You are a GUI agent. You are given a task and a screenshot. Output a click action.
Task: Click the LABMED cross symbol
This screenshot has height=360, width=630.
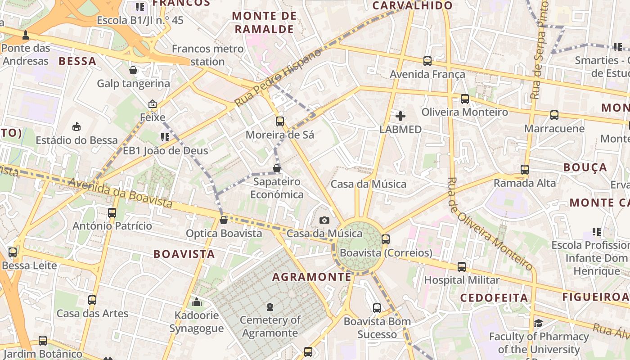(400, 117)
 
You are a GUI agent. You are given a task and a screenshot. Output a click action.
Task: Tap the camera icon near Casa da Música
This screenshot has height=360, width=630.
(324, 220)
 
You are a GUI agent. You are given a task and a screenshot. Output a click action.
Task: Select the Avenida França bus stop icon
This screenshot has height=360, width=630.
(427, 61)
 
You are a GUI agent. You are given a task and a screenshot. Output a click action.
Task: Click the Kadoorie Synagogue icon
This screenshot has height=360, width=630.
(197, 302)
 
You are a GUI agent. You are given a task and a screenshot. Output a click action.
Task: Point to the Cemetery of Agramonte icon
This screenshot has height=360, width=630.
(270, 307)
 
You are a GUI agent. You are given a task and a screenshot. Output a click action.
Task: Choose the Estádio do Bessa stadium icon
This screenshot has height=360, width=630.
(76, 126)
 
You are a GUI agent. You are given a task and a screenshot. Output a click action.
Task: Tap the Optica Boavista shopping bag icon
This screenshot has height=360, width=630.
(223, 220)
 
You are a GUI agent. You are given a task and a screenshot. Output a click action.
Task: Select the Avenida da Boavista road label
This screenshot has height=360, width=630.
(120, 193)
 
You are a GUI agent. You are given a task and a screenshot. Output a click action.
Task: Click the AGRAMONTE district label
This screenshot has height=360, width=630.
(311, 277)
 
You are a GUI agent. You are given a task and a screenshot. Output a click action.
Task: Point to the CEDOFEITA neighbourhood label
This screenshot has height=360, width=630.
(494, 297)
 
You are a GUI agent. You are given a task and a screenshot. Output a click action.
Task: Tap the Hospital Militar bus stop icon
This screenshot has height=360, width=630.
(462, 267)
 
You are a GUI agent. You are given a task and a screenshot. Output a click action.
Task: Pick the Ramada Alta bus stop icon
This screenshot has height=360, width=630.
(525, 170)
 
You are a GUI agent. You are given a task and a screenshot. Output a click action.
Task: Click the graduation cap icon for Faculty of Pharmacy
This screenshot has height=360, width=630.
(538, 323)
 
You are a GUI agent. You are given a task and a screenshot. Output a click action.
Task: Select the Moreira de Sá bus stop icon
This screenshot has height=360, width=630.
(280, 121)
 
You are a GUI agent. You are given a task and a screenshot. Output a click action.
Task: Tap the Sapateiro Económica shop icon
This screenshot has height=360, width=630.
(277, 168)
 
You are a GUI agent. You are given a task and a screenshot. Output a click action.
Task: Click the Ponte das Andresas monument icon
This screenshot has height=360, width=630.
(26, 35)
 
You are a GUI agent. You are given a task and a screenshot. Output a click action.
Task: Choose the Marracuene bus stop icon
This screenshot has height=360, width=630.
(554, 115)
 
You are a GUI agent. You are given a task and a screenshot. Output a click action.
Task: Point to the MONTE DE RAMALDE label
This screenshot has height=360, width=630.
(264, 22)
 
